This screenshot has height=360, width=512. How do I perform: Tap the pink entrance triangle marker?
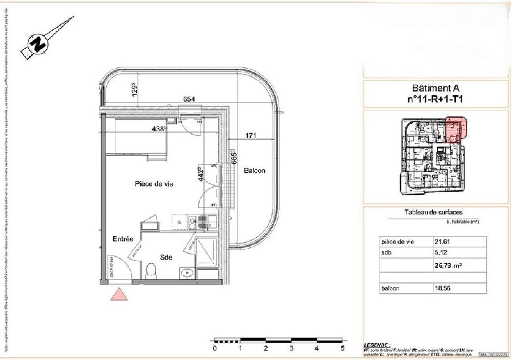[119, 295]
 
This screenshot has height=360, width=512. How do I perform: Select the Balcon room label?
[254, 170]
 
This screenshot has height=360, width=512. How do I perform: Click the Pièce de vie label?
[154, 184]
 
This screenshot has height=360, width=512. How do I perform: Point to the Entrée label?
[123, 239]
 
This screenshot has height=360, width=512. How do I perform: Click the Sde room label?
[166, 257]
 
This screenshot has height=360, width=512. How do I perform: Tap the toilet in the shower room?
[151, 271]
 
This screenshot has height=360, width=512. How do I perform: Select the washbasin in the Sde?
[186, 273]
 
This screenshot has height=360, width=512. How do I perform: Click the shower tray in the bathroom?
[206, 252]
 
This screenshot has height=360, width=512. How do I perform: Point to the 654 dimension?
[189, 99]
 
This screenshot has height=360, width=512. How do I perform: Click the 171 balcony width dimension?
[251, 136]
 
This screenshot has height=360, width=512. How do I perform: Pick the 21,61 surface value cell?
[442, 242]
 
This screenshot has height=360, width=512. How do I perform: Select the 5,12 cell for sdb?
[441, 252]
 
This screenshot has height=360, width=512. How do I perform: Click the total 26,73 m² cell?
[448, 265]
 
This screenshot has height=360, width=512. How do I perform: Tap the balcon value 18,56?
[442, 288]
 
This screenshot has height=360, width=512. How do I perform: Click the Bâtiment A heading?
[436, 88]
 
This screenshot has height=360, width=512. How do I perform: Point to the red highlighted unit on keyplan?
[456, 129]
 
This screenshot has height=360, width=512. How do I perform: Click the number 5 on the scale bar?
[342, 348]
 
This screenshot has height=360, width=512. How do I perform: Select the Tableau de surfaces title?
[433, 212]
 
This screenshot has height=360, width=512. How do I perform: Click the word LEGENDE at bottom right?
[375, 345]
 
